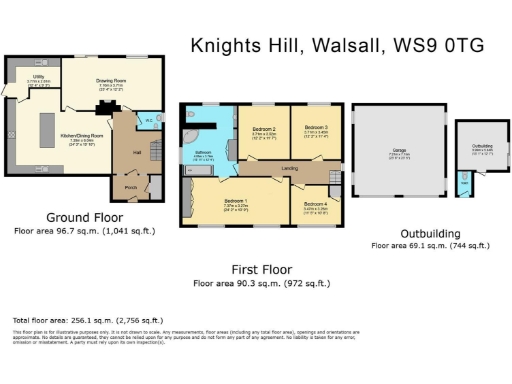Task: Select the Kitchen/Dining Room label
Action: pos(83,133)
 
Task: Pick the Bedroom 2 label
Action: pos(262,128)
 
